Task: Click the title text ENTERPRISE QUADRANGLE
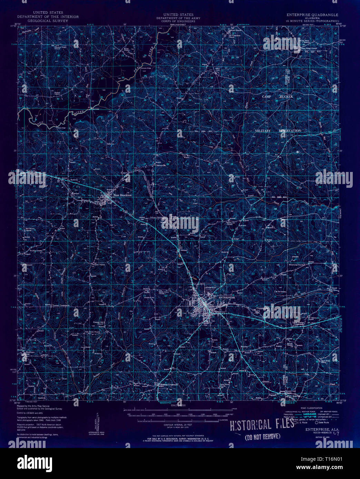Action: pos(312,15)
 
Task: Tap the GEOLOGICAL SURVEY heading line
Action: pos(48,21)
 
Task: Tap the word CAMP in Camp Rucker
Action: pos(267,97)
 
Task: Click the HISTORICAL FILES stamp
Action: pos(262,425)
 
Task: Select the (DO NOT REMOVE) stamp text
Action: pos(262,437)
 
